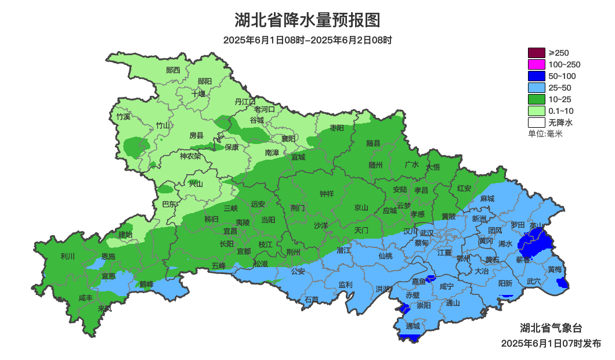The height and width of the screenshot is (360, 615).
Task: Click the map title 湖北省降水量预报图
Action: coord(307,20)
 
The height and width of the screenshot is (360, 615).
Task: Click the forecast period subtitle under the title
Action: coord(307,40)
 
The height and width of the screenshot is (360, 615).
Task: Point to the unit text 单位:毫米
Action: coord(545,134)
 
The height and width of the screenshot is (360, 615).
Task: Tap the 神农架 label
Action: coord(190,156)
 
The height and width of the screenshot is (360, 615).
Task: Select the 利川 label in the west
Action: coord(68,256)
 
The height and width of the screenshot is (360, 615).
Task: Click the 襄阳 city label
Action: coord(288,138)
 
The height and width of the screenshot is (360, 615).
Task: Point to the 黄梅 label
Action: coord(554,269)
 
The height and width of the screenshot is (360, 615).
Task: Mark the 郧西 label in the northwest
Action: coord(173,70)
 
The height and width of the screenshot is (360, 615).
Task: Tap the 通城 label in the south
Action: coord(413,326)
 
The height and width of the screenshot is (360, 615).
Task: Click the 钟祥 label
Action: coord(327,194)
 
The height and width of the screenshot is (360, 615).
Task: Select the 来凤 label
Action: coord(104,308)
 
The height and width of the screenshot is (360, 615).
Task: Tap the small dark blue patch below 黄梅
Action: coord(561,283)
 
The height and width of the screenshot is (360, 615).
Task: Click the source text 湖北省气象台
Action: coord(549,327)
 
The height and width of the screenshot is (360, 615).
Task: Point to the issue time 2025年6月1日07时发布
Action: coord(551,343)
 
